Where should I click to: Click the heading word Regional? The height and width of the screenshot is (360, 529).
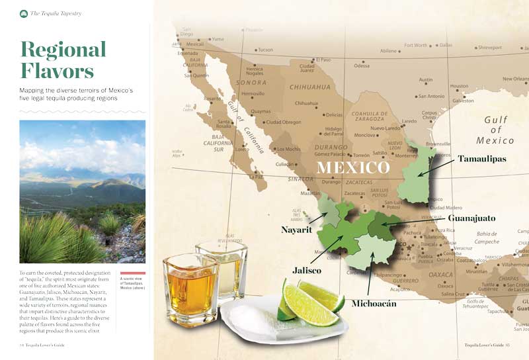63,50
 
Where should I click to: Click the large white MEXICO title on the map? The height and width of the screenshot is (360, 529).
352,167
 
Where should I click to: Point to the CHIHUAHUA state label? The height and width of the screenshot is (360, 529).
309,87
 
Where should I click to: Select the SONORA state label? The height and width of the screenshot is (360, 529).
252,83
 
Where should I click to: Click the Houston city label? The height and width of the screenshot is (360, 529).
459,86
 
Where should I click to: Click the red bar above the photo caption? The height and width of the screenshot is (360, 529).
132,273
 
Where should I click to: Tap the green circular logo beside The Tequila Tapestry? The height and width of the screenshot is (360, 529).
24,13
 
